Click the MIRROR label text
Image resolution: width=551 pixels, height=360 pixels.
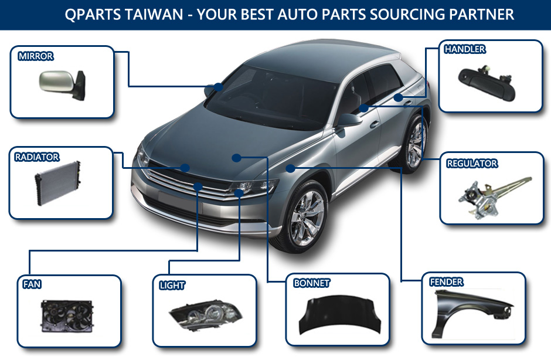(x=36, y=56)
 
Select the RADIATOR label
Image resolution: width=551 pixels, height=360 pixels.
(x=37, y=157)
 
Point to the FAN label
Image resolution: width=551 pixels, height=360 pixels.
(x=32, y=284)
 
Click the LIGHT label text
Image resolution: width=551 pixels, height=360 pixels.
(x=172, y=286)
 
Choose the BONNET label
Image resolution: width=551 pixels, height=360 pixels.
(x=312, y=283)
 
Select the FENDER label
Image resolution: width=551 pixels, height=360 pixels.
(x=447, y=282)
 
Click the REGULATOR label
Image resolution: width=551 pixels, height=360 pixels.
(x=472, y=163)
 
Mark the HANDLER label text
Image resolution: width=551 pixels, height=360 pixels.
(x=465, y=49)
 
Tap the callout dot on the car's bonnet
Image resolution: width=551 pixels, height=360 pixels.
(x=236, y=157)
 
